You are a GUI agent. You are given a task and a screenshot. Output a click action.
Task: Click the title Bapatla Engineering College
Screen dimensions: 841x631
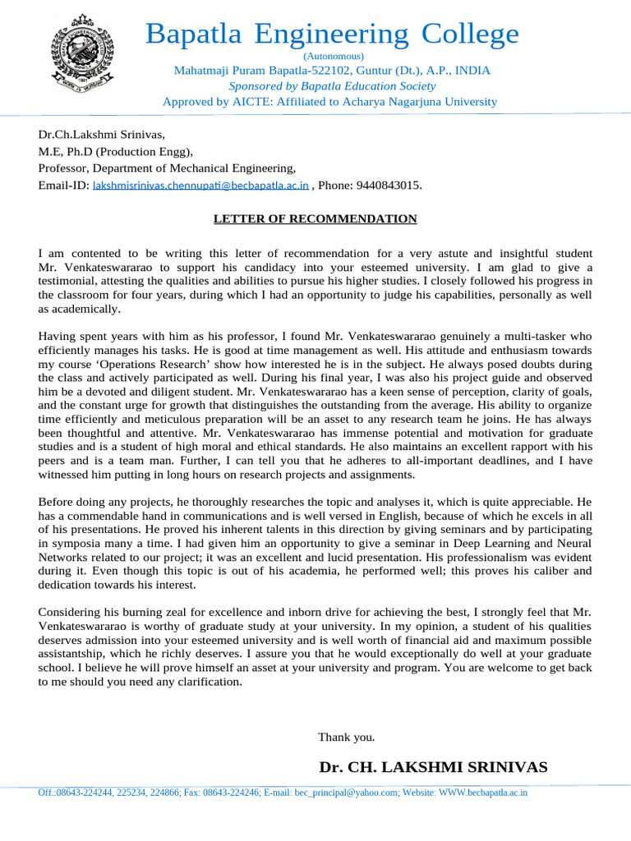332,34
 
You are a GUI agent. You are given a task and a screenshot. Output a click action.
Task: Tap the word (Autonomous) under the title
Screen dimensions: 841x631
332,56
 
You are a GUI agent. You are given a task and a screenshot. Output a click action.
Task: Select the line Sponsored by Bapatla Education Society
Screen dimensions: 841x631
332,86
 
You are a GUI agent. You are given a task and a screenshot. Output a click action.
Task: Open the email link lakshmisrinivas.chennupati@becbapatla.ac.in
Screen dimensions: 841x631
201,186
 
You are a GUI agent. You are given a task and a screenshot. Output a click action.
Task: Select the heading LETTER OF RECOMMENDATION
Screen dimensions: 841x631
315,219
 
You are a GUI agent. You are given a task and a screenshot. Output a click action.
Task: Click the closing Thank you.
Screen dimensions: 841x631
346,737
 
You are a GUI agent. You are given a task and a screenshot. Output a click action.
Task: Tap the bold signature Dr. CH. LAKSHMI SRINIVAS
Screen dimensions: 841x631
433,767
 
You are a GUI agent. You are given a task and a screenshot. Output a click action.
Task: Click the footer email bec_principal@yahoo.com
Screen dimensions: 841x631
347,793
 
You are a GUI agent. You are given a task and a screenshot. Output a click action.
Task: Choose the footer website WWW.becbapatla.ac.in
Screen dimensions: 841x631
483,793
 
